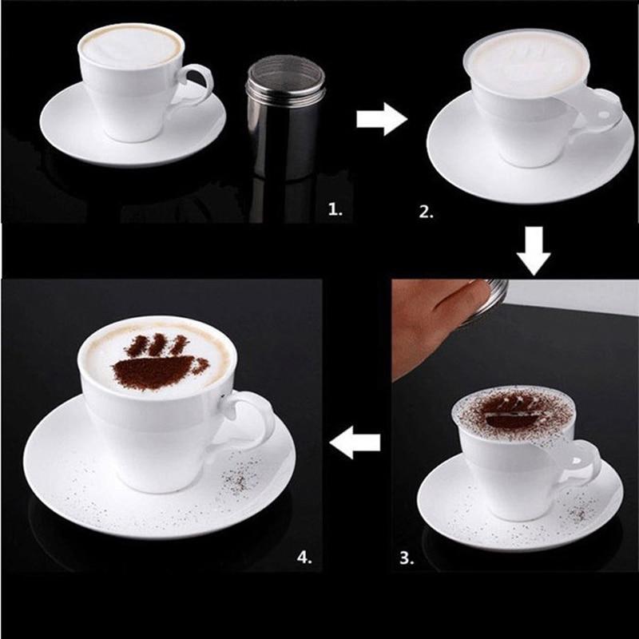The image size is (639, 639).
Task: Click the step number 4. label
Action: tap(305, 557)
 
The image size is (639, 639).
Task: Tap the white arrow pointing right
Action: tap(381, 119)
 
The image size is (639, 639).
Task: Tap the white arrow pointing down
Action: tap(533, 249)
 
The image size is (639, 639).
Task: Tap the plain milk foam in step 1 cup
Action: tap(130, 46)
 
